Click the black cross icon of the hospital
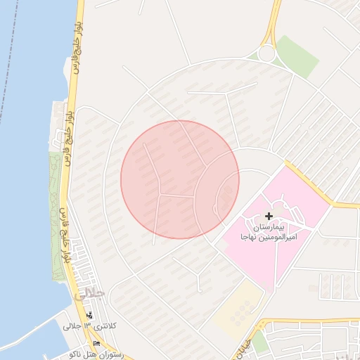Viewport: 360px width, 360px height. (x=269, y=216)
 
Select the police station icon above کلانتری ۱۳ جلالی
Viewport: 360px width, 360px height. (x=89, y=315)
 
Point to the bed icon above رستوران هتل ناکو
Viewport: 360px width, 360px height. (x=96, y=342)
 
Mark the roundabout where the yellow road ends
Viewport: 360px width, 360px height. (x=266, y=53)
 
